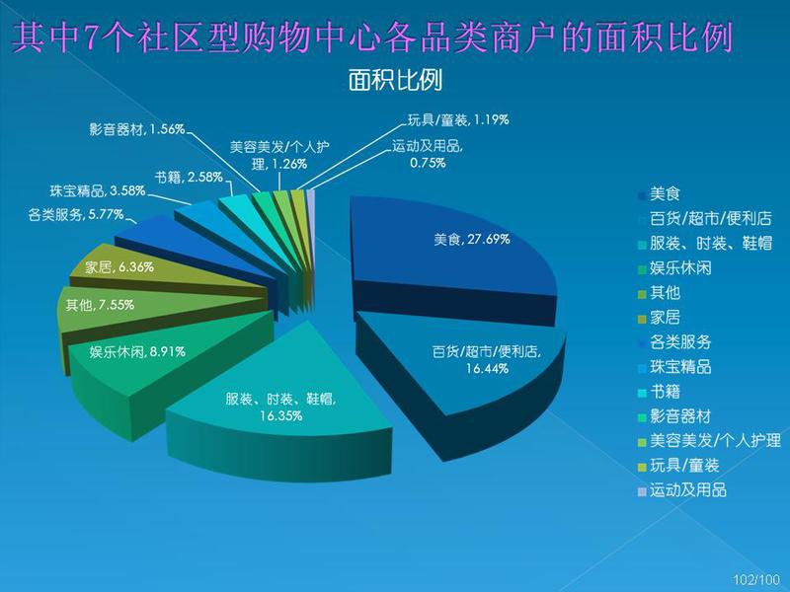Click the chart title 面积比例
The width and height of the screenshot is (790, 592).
[395, 80]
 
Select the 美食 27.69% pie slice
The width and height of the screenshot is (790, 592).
[453, 252]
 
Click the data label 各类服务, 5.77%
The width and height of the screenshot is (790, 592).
[76, 215]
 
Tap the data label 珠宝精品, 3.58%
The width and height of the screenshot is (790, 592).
[98, 190]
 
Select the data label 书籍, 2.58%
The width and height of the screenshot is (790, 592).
[189, 178]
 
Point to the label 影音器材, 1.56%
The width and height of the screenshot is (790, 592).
[137, 129]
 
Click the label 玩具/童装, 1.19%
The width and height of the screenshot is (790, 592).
[458, 119]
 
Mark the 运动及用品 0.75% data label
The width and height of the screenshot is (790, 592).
[428, 155]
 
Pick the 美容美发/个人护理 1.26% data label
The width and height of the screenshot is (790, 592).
[279, 156]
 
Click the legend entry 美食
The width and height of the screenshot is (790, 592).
[659, 193]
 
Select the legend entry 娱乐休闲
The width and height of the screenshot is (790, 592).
[674, 267]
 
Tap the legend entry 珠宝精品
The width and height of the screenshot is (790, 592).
[674, 366]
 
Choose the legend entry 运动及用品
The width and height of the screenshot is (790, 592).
[682, 489]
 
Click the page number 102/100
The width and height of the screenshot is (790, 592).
[756, 579]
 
